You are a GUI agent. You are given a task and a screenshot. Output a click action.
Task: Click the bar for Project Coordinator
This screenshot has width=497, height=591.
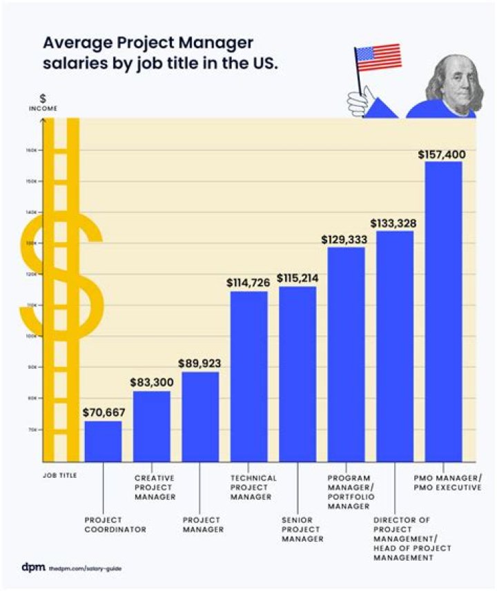[x=103, y=441]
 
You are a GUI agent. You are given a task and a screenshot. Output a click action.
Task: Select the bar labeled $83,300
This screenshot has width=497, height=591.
[x=151, y=426]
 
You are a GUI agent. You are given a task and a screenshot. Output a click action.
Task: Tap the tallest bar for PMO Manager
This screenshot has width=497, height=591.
[x=443, y=310]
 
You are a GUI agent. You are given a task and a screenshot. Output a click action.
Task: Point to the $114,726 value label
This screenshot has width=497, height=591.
[x=248, y=283]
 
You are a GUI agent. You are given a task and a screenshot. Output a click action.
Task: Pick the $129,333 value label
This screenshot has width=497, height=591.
[x=345, y=239]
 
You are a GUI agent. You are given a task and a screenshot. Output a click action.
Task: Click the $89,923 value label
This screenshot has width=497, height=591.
[x=199, y=363]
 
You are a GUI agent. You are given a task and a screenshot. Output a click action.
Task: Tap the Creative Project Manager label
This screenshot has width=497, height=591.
[x=155, y=487]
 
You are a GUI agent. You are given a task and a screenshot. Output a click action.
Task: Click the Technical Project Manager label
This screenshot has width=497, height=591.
[x=253, y=487]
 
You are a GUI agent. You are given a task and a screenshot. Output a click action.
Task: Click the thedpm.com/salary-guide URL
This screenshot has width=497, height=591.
[x=80, y=568]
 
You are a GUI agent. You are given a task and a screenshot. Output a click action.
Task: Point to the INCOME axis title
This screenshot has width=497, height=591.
[x=43, y=108]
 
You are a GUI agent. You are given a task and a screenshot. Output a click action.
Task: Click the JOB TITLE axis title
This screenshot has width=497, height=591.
[x=59, y=474]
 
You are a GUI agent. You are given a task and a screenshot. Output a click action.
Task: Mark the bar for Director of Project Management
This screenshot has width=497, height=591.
[x=395, y=345]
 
